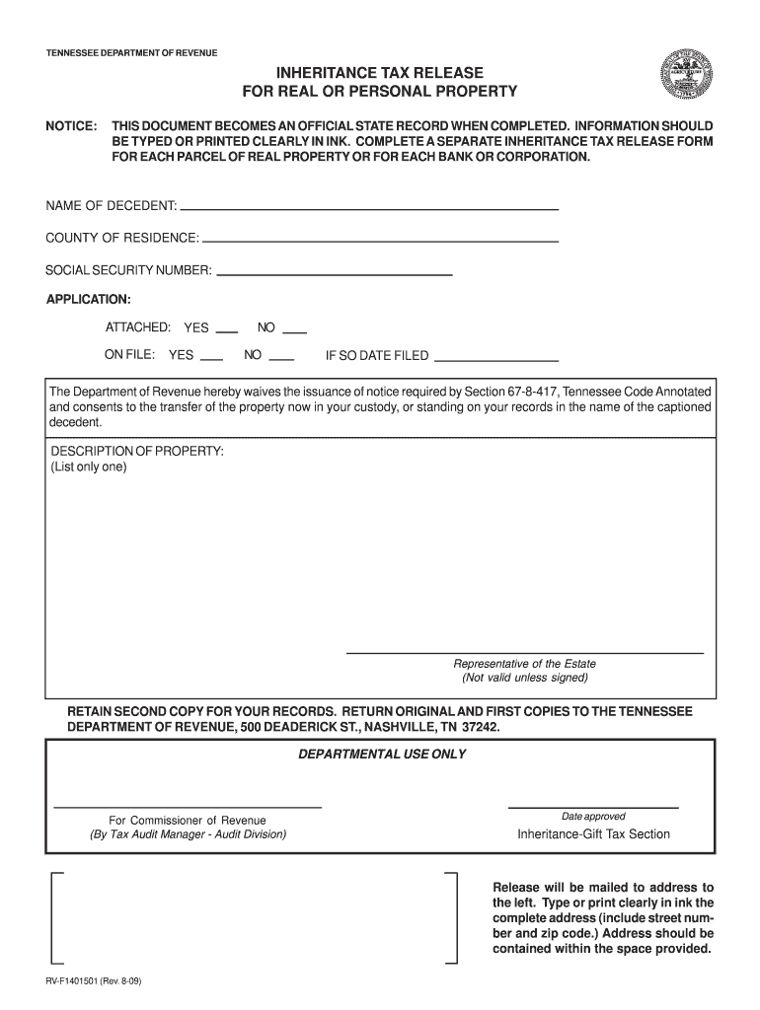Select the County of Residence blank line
380,240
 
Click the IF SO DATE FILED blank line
496,358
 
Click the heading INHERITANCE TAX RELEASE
380,73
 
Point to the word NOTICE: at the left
71,127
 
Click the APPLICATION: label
88,298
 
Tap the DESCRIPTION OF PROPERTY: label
137,451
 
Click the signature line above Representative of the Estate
524,652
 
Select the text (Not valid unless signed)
524,678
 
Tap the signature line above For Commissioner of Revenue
187,807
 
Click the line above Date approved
593,807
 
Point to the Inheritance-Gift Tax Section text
593,834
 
